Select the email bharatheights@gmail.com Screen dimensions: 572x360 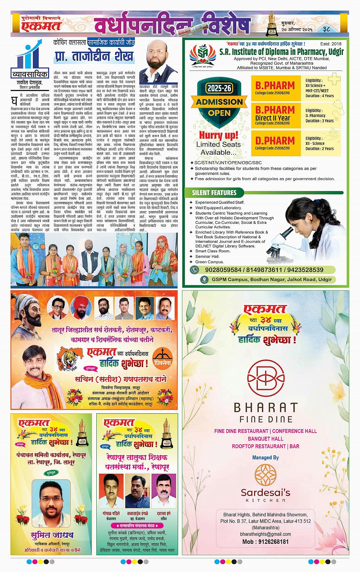[x=265, y=534]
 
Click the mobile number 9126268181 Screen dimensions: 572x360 [x=265, y=542]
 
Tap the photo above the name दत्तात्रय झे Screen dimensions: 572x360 [x=163, y=490]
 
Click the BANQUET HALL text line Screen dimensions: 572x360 [x=265, y=439]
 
